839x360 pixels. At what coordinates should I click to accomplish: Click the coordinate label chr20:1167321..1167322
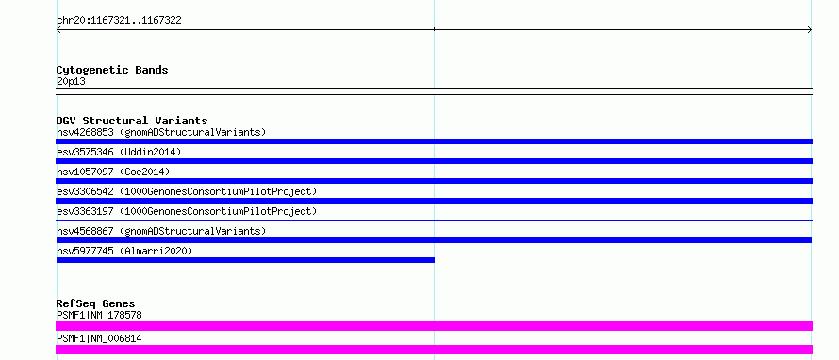119,21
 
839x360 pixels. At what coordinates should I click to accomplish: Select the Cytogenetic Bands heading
112,70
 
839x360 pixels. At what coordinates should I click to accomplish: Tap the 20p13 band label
71,82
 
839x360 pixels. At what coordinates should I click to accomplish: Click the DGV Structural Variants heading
132,121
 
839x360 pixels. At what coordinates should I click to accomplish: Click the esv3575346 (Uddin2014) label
119,152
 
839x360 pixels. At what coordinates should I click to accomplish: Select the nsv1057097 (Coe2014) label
113,172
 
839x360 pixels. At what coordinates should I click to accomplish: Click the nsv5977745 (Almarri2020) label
124,251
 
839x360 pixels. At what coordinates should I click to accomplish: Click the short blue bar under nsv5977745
245,260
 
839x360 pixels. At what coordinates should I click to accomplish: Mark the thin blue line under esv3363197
434,220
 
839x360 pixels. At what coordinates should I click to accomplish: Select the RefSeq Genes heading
96,303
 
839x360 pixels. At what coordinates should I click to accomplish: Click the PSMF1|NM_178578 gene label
99,316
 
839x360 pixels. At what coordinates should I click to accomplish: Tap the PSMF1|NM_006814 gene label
99,338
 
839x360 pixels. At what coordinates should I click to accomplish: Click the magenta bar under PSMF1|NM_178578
434,326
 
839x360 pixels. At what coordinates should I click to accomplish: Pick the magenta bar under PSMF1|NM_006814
434,350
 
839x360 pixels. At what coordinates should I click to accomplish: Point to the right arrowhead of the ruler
810,30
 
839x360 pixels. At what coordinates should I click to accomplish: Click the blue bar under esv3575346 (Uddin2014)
434,161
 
